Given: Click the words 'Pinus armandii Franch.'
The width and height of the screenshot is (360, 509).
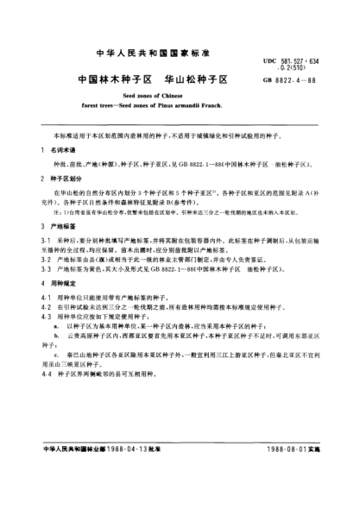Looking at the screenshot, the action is coord(202,107).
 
